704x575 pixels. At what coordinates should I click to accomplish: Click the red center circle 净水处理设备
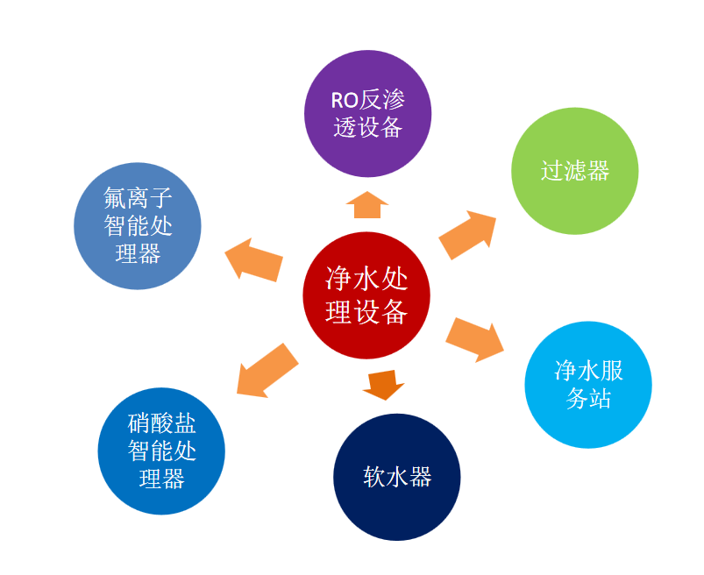point(367,295)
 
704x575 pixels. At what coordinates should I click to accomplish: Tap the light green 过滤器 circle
point(574,171)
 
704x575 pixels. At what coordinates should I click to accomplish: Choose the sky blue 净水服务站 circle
point(588,385)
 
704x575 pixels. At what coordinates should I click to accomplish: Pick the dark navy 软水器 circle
point(397,477)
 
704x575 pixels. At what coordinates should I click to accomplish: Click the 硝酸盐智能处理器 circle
point(161,451)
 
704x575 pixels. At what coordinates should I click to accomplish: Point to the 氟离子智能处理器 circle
point(138,226)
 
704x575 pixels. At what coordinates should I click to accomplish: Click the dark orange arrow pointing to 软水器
point(384,384)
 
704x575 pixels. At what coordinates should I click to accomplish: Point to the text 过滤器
point(574,171)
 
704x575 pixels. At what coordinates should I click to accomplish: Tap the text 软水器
point(397,477)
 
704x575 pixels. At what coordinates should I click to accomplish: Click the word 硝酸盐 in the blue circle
point(161,425)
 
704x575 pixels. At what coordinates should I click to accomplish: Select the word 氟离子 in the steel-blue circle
point(138,199)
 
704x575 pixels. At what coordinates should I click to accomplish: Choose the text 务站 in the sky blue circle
point(588,399)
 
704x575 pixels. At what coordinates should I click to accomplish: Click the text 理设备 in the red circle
point(367,311)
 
